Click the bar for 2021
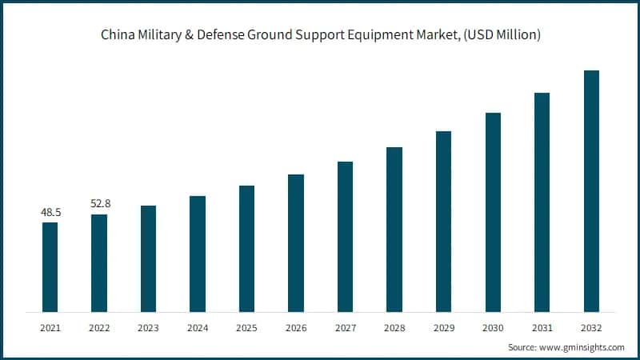pos(50,266)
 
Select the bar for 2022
pos(99,262)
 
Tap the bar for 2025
pos(247,248)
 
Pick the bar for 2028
pos(394,229)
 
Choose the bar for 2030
pos(493,212)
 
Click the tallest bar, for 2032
pos(591,190)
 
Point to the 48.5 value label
pos(50,214)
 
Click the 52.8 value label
pos(99,204)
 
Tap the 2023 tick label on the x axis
pos(148,327)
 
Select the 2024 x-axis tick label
pos(198,327)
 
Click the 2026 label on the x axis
pos(296,327)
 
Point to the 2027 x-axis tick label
pos(346,327)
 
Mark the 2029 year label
pos(444,327)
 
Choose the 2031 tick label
pos(542,327)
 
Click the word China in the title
pos(116,34)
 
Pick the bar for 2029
pos(444,221)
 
